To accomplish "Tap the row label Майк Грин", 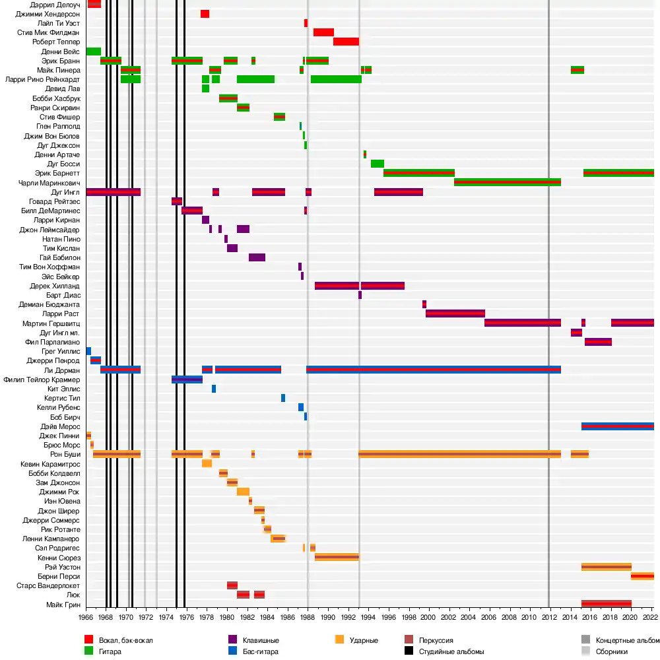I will (x=63, y=605).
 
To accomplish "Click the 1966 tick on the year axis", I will (x=86, y=618).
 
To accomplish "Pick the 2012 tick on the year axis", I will (x=548, y=618).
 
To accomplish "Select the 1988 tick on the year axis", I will (x=308, y=618).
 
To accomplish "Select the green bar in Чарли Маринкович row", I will (x=507, y=182).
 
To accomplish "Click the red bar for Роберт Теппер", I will (x=346, y=42).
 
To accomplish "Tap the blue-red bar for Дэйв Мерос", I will (x=617, y=426).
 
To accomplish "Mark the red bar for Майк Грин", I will (x=606, y=604).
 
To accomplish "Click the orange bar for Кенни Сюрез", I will (x=337, y=558).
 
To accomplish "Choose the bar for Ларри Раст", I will (x=455, y=313).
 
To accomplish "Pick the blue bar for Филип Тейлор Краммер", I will (x=187, y=379).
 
